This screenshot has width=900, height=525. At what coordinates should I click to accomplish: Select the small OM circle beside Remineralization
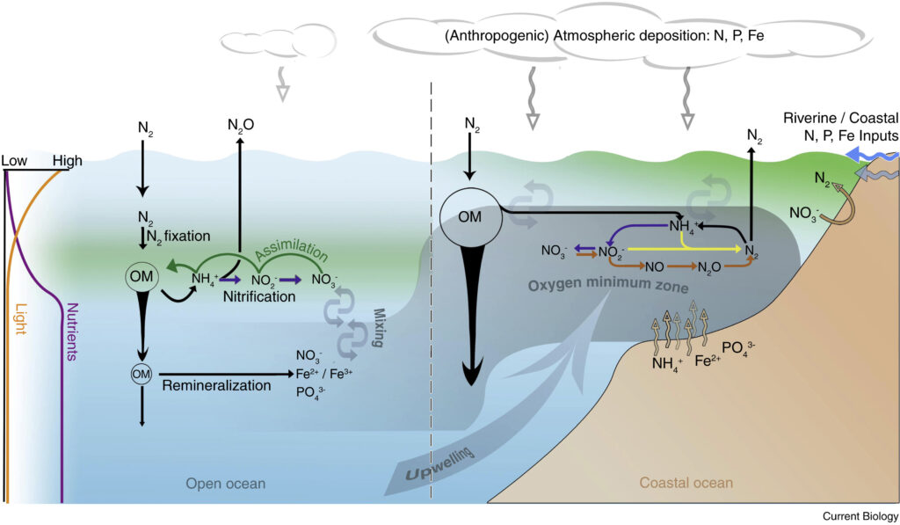pyautogui.click(x=142, y=374)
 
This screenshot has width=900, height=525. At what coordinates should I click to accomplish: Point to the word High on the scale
pyautogui.click(x=67, y=161)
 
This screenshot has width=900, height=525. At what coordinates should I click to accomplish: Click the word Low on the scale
pyautogui.click(x=15, y=161)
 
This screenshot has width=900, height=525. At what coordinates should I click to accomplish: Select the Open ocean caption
pyautogui.click(x=225, y=483)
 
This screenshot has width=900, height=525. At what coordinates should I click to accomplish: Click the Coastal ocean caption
pyautogui.click(x=686, y=483)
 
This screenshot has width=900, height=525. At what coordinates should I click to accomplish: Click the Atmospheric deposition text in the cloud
pyautogui.click(x=607, y=37)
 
